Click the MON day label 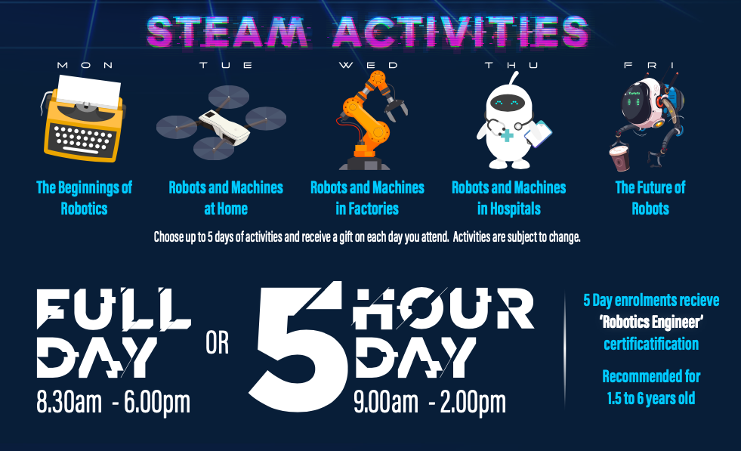[x=85, y=65]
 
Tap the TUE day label [x=226, y=65]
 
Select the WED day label [x=369, y=65]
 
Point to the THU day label [x=511, y=65]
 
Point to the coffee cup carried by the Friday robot [x=619, y=158]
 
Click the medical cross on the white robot [x=507, y=136]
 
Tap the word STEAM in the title [x=228, y=32]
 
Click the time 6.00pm [x=157, y=403]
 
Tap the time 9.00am [x=386, y=403]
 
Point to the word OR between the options [x=218, y=343]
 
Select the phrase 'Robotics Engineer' [x=651, y=323]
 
